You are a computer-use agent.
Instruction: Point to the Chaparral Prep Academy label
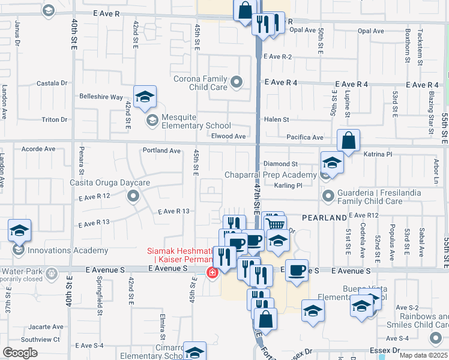pos(270,175)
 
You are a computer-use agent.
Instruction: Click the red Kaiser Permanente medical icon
pos(212,273)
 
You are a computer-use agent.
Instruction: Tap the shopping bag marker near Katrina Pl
pos(348,142)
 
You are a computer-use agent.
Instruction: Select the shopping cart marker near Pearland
pos(275,224)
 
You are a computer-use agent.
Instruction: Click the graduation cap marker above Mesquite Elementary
pos(145,97)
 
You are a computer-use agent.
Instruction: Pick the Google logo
pos(20,353)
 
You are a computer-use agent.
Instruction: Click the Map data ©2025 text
pos(424,355)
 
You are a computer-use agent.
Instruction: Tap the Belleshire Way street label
pos(101,97)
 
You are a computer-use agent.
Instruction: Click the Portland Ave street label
pos(161,151)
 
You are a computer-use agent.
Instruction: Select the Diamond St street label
pos(280,164)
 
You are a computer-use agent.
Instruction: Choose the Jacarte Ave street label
pos(41,328)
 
